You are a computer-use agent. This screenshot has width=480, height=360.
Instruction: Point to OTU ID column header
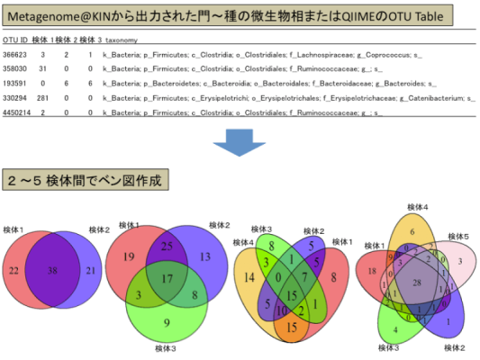(16, 40)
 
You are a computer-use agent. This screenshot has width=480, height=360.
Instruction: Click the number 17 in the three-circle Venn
(167, 278)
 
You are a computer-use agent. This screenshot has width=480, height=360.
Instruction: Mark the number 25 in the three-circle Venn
(167, 246)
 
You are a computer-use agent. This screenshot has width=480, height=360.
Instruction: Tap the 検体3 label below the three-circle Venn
(164, 348)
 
